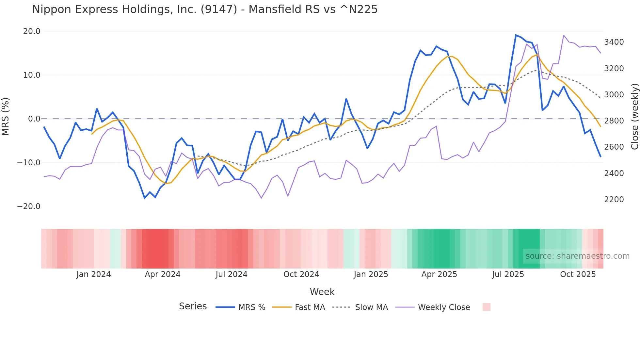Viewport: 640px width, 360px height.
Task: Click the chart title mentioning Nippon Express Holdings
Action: click(205, 9)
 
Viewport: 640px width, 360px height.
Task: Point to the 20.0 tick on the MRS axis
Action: click(32, 31)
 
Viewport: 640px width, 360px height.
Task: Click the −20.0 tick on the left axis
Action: click(29, 206)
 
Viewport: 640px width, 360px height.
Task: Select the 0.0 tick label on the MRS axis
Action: click(34, 119)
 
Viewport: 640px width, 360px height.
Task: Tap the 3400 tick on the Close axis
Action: click(614, 42)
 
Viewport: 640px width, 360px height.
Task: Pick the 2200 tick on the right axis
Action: click(614, 200)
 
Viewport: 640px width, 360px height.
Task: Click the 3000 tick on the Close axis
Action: click(614, 95)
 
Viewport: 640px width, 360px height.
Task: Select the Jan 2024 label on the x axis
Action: click(94, 274)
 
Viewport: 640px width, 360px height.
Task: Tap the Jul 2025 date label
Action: click(508, 274)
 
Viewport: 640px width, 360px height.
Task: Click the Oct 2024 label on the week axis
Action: click(301, 274)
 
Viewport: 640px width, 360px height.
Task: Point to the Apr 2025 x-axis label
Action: click(439, 274)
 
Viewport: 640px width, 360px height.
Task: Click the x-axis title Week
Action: click(322, 292)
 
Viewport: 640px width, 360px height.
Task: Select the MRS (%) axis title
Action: click(6, 117)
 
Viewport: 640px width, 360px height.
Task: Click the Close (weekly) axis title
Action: click(634, 117)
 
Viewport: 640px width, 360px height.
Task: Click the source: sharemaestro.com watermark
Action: click(577, 256)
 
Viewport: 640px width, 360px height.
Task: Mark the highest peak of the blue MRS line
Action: click(516, 35)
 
